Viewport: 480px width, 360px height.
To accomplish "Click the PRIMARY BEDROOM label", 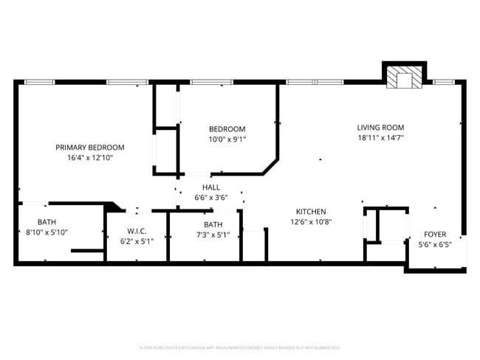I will [x=90, y=148].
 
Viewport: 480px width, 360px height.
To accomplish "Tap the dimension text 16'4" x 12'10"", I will [x=90, y=157].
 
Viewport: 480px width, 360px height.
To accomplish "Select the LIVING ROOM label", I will [x=380, y=127].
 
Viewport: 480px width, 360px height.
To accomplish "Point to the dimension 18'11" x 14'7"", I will [x=380, y=137].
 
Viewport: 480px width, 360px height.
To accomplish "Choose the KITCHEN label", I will [x=311, y=212].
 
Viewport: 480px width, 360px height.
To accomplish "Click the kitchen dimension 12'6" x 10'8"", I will [x=311, y=222].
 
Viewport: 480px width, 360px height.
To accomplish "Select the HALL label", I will [x=211, y=187].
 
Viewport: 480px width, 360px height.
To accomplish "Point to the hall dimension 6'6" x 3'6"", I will [x=211, y=198].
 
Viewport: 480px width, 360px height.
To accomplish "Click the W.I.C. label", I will [x=136, y=231].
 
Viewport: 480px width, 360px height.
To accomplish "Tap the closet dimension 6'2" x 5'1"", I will [x=136, y=241].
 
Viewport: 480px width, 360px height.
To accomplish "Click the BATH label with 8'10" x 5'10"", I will [x=47, y=222].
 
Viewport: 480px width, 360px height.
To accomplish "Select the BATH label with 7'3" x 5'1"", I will [x=213, y=225].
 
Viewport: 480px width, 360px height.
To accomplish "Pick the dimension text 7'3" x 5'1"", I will [x=213, y=235].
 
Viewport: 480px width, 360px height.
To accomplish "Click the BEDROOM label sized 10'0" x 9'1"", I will [x=227, y=129].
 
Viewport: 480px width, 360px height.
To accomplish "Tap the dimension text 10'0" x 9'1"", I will [x=227, y=139].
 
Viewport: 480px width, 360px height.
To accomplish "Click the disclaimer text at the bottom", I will [x=240, y=347].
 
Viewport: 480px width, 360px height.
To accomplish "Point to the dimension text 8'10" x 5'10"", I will [x=47, y=232].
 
